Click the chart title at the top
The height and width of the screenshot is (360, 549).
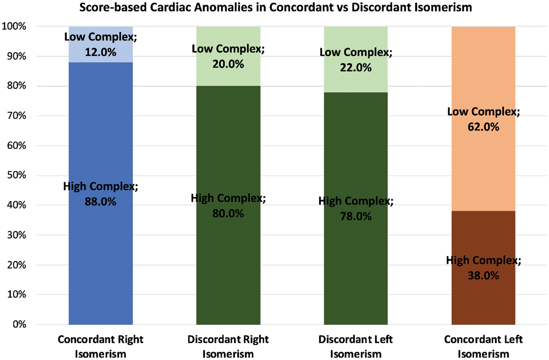pyautogui.click(x=274, y=8)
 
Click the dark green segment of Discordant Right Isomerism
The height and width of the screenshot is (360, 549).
pyautogui.click(x=228, y=264)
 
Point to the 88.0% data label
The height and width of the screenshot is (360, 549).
pyautogui.click(x=101, y=203)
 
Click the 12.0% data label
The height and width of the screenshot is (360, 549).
pyautogui.click(x=101, y=52)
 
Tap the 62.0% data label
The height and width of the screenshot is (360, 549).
pyautogui.click(x=483, y=127)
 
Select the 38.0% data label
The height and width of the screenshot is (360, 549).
pyautogui.click(x=483, y=276)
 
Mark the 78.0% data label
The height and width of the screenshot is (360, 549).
pyautogui.click(x=355, y=217)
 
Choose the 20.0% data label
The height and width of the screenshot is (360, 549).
pyautogui.click(x=228, y=64)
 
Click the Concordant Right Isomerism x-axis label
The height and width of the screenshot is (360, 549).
pyautogui.click(x=101, y=346)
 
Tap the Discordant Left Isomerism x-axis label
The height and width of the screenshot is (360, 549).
pyautogui.click(x=355, y=346)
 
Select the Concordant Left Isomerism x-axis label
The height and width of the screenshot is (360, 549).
pyautogui.click(x=483, y=346)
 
